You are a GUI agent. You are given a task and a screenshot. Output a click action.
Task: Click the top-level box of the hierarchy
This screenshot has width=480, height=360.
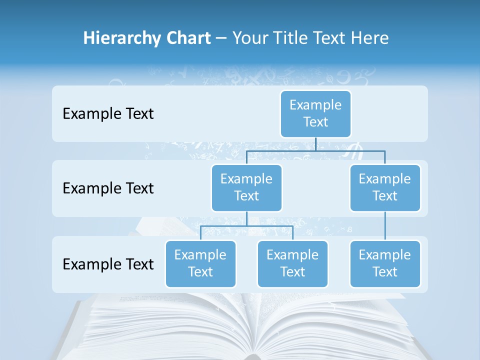click(315, 114)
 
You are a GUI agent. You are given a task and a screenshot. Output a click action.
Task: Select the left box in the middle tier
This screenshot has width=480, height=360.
click(246, 188)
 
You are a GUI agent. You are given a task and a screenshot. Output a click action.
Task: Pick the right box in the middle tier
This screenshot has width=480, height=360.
click(385, 188)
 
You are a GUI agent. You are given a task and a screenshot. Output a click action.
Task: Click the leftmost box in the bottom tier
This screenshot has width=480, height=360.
click(200, 264)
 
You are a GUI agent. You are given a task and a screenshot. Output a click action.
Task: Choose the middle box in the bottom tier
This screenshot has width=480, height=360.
click(292, 264)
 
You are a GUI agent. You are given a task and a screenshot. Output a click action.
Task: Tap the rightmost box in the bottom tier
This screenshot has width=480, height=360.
click(385, 264)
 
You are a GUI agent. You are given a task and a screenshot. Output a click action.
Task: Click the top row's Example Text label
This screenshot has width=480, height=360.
click(108, 114)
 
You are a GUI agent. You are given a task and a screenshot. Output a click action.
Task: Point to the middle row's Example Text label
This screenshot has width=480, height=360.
click(108, 188)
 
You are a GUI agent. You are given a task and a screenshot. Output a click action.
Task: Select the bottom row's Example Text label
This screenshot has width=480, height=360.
click(108, 264)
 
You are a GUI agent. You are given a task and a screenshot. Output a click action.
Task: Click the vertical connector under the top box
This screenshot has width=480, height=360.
click(315, 144)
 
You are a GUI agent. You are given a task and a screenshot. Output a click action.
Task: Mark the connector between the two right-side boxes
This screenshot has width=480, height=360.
click(385, 226)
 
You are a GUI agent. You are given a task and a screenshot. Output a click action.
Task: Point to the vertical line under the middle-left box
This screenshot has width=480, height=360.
click(246, 218)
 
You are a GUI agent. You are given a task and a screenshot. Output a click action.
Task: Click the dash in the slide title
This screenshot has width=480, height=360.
click(221, 38)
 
